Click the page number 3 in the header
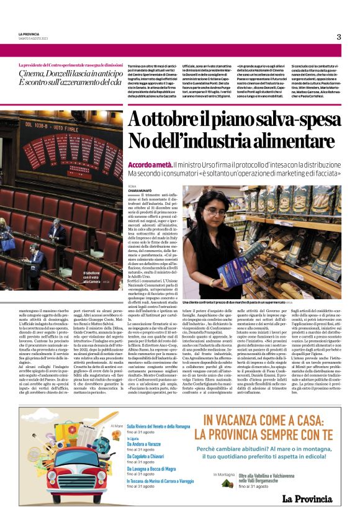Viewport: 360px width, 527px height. (339, 37)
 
